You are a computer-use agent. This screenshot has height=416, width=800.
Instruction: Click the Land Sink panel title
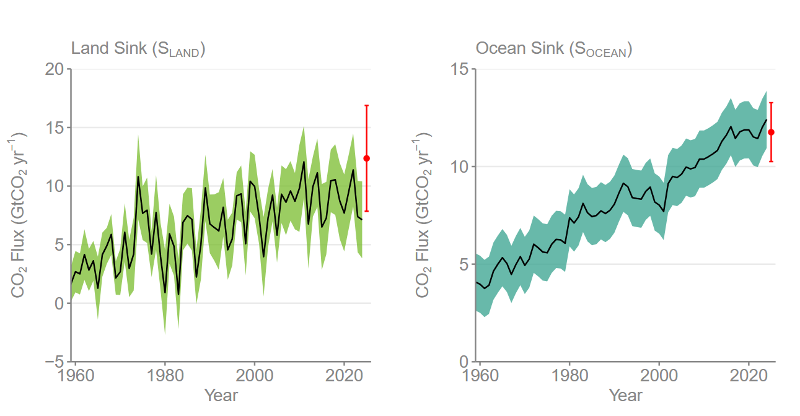click(x=138, y=49)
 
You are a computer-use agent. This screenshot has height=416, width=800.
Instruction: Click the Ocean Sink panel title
click(x=553, y=49)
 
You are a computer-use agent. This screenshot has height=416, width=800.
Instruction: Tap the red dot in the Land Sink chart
click(x=366, y=158)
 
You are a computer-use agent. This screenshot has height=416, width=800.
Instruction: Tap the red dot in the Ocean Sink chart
click(x=771, y=132)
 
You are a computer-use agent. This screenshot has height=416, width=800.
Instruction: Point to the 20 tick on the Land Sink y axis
click(x=55, y=69)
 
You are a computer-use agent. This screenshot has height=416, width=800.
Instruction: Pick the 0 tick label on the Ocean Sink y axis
click(x=464, y=362)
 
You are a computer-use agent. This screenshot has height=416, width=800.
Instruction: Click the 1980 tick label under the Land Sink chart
click(x=165, y=377)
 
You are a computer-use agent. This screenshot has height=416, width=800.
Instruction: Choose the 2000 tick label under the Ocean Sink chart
click(x=659, y=377)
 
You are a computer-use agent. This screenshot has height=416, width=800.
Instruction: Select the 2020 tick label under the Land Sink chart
click(x=345, y=377)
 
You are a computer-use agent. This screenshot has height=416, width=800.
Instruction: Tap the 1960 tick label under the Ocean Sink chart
click(x=480, y=377)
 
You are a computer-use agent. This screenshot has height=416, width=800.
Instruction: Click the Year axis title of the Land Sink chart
click(x=221, y=394)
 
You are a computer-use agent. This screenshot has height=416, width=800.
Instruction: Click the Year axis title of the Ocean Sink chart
click(x=625, y=394)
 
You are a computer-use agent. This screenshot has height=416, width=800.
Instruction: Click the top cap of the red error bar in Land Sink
click(x=366, y=106)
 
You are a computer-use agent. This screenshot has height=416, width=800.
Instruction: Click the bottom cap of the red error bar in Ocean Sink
click(x=771, y=162)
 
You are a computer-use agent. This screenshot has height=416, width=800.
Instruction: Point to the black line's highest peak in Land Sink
click(x=304, y=162)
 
